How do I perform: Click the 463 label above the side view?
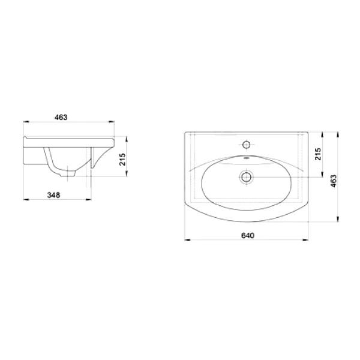61,118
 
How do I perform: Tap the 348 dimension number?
53,195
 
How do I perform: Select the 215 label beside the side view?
122,160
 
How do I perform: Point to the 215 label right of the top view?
318,154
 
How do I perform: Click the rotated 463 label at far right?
334,181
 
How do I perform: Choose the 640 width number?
248,235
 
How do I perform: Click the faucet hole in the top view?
247,145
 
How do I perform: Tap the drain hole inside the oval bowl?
247,177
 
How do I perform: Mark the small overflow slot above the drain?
247,158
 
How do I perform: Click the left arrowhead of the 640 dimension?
187,240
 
